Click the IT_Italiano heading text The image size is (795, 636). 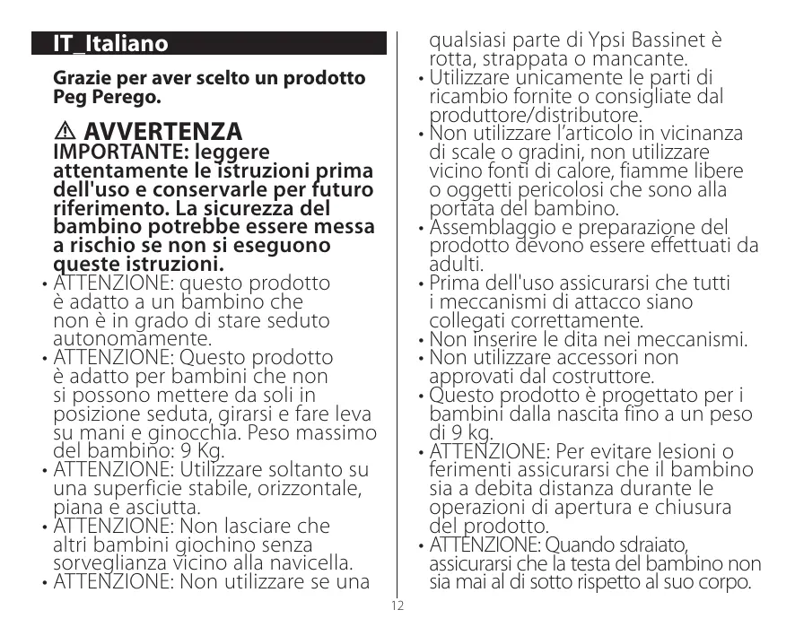[110, 44]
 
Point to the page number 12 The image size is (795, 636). [397, 606]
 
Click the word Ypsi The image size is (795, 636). [586, 40]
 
